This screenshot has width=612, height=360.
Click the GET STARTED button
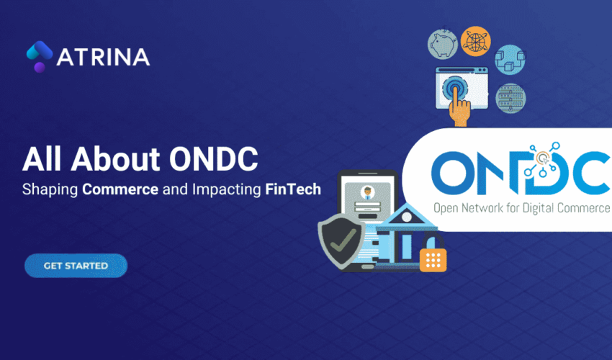pos(76,266)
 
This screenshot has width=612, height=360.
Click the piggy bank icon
pos(442,42)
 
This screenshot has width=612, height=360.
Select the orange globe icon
pos(475,40)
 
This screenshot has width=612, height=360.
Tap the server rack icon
pos(511,97)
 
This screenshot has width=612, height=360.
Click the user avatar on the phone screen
pos(366,192)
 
